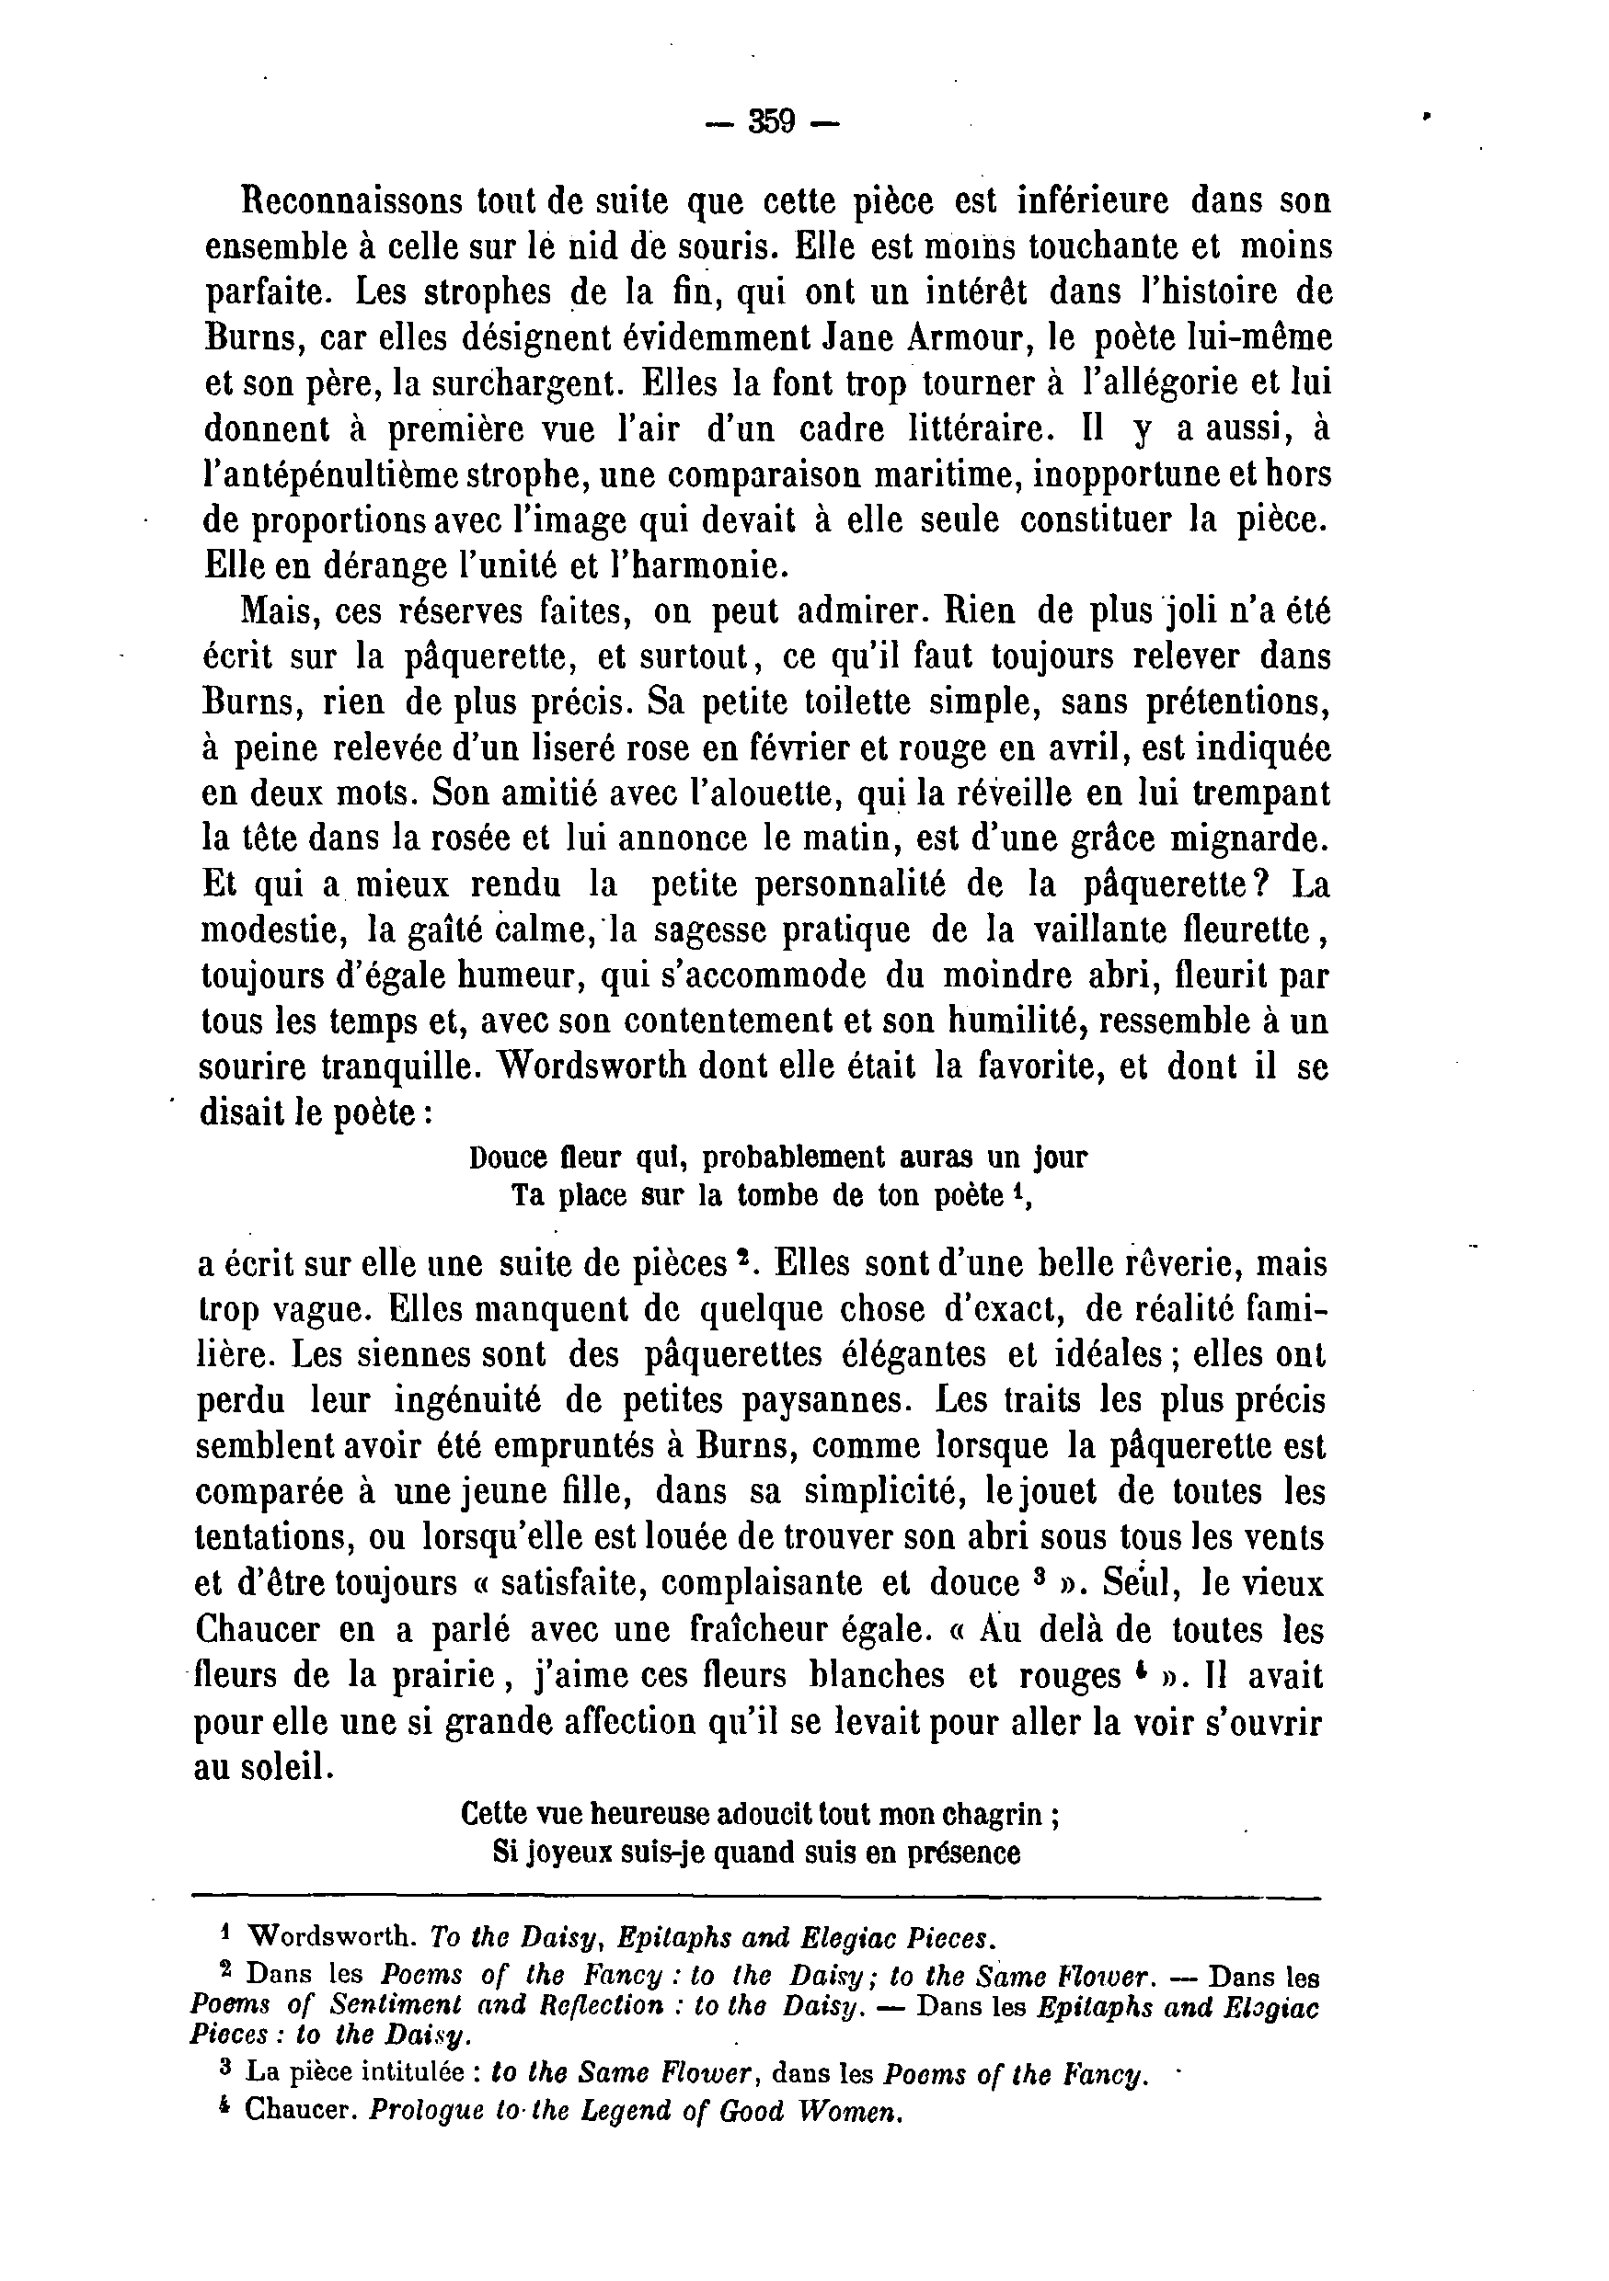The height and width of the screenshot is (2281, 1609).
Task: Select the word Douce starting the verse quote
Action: click(507, 1158)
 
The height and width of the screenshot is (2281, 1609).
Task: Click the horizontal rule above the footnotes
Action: click(755, 1899)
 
